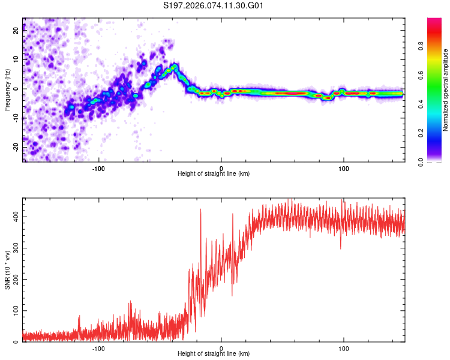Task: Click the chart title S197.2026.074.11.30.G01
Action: (214, 5)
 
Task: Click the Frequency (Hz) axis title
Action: (7, 89)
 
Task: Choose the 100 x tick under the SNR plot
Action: (344, 349)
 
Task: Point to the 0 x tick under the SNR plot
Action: (221, 349)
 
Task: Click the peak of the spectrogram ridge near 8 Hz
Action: (174, 65)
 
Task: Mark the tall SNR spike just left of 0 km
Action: (200, 209)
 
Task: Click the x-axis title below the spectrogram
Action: (214, 174)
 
